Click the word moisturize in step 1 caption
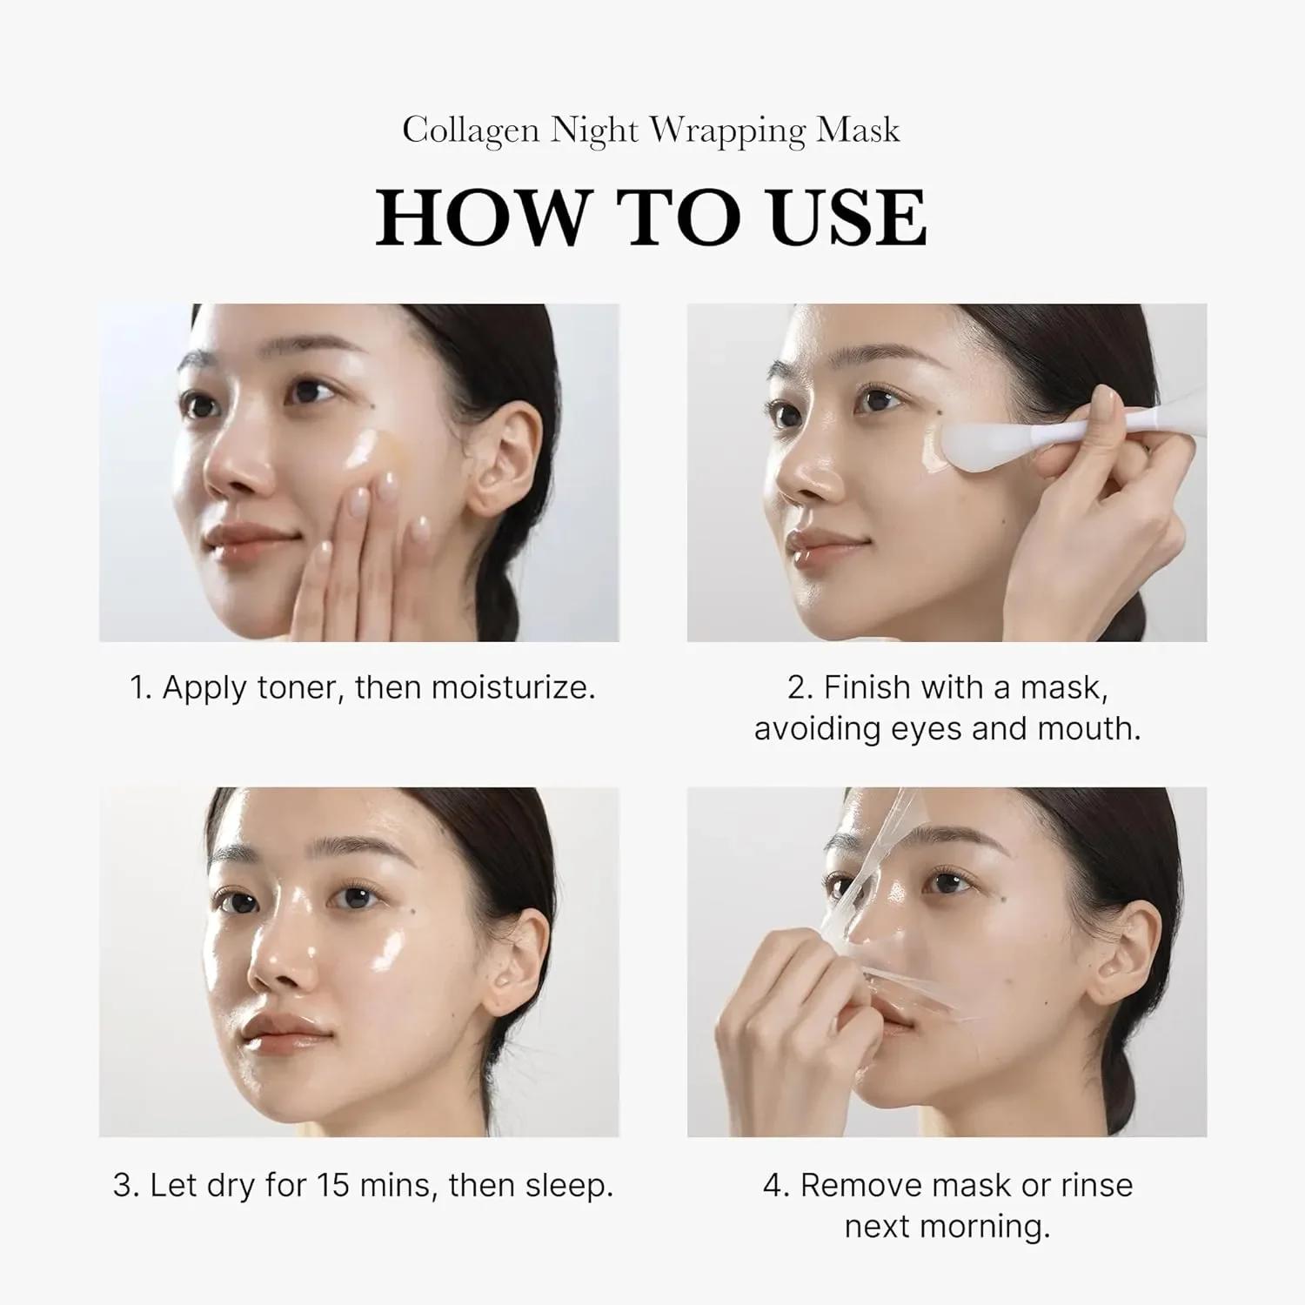(x=512, y=688)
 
